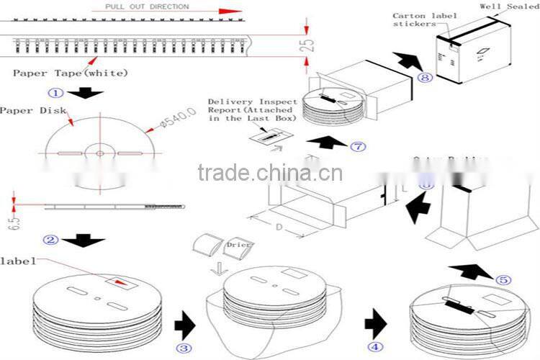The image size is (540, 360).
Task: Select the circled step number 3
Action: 185,348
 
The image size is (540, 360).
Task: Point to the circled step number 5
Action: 503,280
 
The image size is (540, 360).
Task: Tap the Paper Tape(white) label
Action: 71,73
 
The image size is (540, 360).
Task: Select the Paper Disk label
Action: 32,110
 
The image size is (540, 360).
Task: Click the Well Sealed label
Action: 510,6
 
